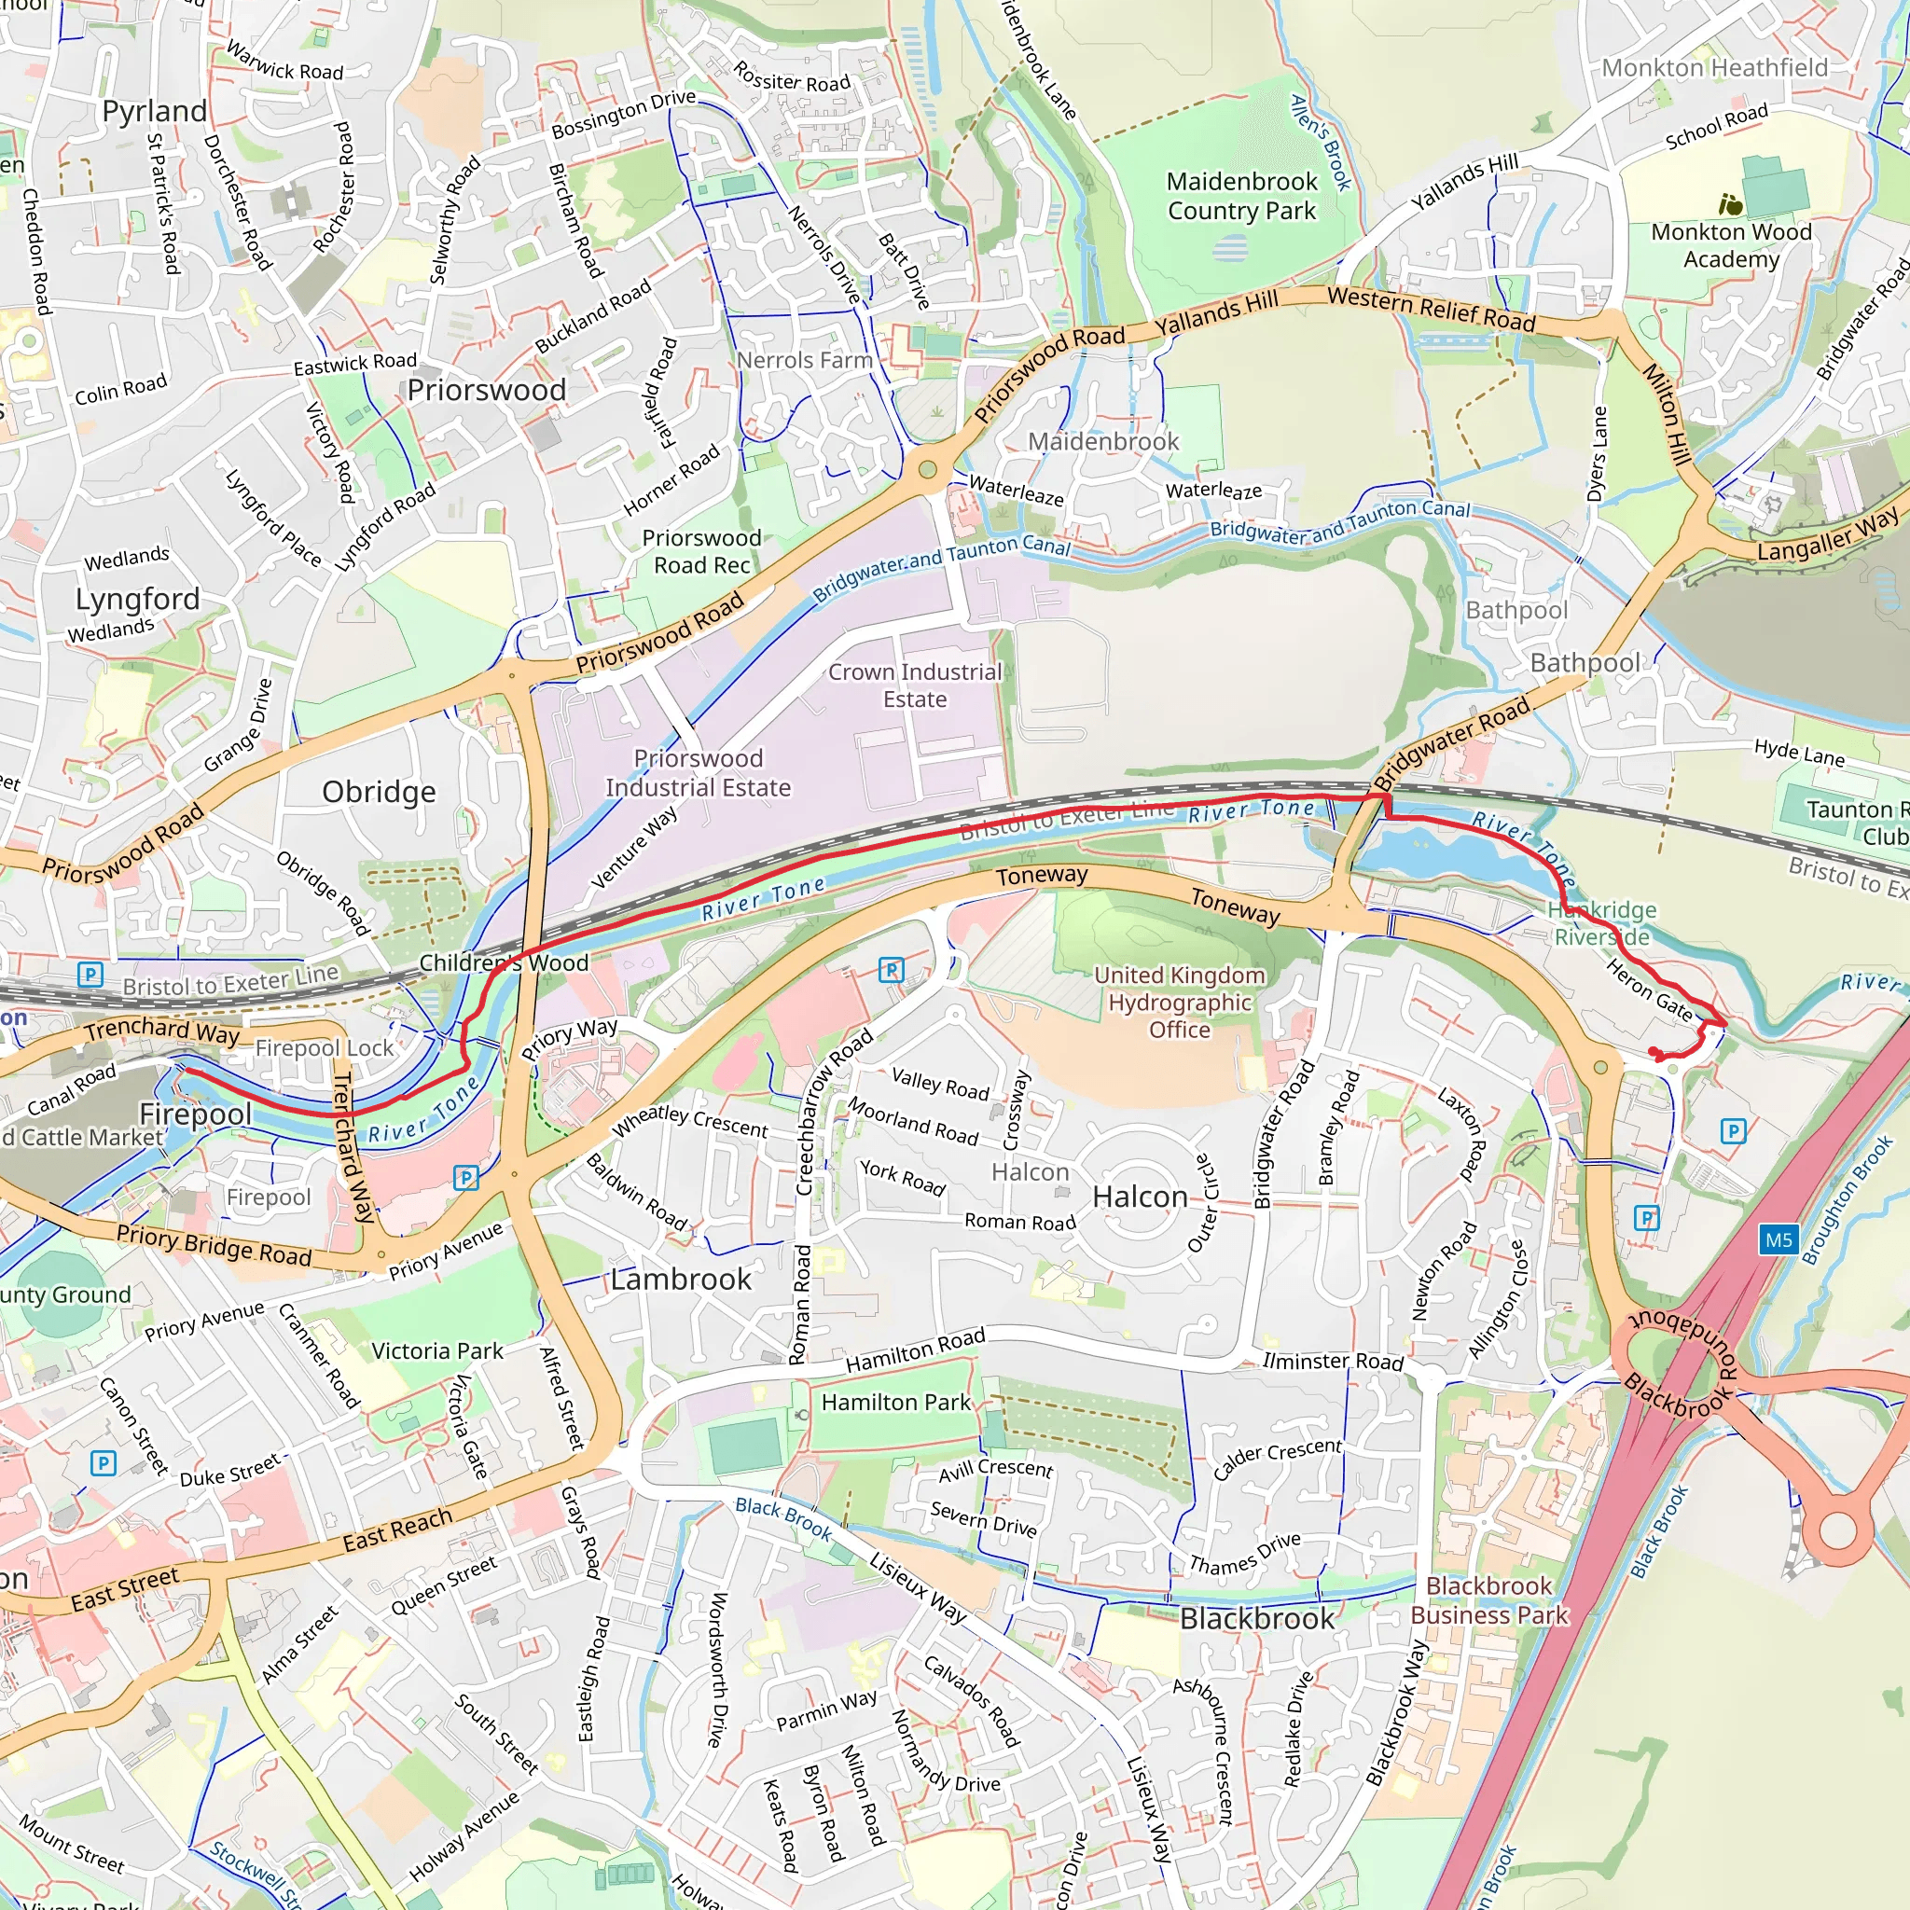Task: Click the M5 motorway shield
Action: [1778, 1239]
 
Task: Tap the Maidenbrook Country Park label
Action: [1241, 196]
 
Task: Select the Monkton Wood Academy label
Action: [1731, 244]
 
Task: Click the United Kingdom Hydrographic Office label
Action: [1179, 1002]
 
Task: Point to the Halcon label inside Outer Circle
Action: [1140, 1197]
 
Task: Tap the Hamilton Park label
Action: [895, 1402]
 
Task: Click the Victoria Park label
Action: [437, 1350]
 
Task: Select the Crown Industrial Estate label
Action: [915, 685]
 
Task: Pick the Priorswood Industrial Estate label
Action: [698, 773]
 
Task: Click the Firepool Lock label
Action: [325, 1047]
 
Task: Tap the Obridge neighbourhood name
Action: [379, 792]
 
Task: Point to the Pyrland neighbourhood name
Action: [155, 111]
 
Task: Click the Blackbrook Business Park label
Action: [1488, 1599]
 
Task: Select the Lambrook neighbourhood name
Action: [680, 1280]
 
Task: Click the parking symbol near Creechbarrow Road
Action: [891, 970]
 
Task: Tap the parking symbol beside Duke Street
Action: [103, 1463]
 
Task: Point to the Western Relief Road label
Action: [1431, 308]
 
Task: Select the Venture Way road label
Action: [635, 846]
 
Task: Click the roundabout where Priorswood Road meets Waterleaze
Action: [927, 468]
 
